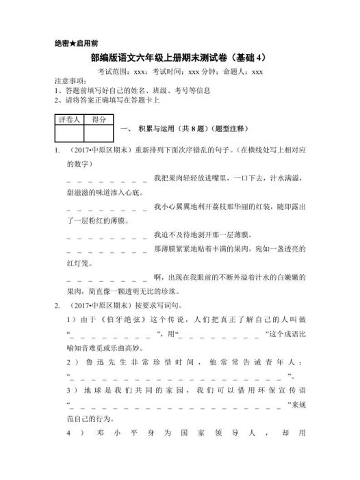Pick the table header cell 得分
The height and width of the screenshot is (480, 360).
99,120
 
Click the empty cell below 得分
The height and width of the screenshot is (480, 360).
99,134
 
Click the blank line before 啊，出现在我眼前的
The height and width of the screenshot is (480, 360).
108,278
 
